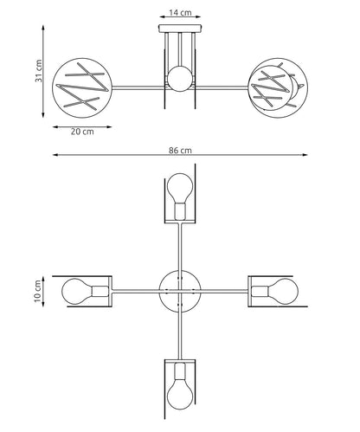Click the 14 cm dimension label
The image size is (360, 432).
coord(180,13)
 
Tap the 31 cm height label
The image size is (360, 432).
coord(39,71)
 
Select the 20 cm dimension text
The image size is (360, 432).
coord(82,132)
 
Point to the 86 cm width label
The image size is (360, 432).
coord(180,151)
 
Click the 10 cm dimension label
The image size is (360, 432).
coord(38,291)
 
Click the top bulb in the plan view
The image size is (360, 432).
coord(180,197)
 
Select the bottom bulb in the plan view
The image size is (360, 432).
coord(180,386)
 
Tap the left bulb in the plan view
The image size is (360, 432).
coord(86,291)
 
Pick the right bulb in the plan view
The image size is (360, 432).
coord(274,291)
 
